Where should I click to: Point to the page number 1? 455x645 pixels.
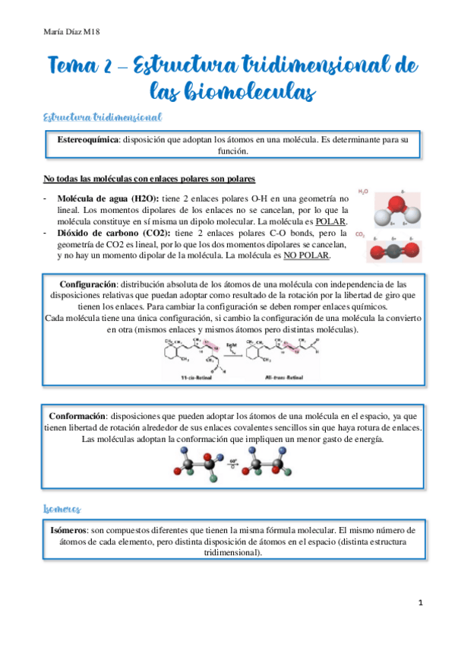420,602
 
